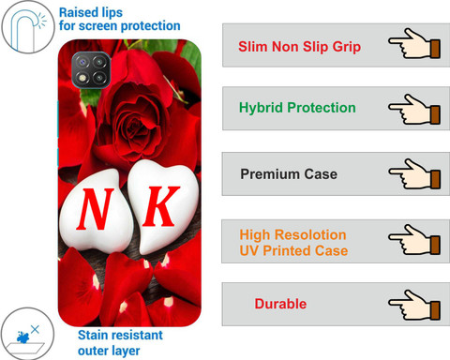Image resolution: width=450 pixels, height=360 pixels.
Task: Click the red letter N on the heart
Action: click(95, 209)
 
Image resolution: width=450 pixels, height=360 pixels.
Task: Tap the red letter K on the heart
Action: click(161, 206)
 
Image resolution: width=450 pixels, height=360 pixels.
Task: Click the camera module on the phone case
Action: click(91, 70)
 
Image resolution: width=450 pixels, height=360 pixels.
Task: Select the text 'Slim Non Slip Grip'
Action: click(299, 47)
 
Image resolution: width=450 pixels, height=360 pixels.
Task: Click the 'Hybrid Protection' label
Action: click(297, 108)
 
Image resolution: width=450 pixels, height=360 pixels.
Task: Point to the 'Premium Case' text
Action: click(289, 174)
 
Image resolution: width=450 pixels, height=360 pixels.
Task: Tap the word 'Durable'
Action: click(280, 304)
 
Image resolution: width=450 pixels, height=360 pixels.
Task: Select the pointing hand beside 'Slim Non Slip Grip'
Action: click(414, 44)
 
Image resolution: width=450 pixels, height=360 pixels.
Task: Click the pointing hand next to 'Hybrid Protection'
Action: click(414, 110)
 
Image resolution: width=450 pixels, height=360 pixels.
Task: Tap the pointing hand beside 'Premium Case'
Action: click(414, 173)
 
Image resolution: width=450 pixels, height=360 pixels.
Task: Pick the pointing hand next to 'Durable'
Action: click(414, 305)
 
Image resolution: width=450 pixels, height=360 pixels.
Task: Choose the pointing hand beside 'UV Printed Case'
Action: click(414, 239)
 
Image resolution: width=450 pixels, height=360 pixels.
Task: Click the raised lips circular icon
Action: click(27, 26)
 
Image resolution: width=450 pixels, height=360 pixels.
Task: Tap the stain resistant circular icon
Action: click(27, 334)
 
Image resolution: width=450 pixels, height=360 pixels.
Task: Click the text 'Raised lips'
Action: click(91, 13)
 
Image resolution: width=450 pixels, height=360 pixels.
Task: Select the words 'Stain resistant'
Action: click(120, 335)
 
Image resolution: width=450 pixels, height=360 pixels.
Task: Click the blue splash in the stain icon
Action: click(23, 337)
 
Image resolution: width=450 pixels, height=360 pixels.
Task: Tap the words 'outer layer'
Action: click(109, 351)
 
